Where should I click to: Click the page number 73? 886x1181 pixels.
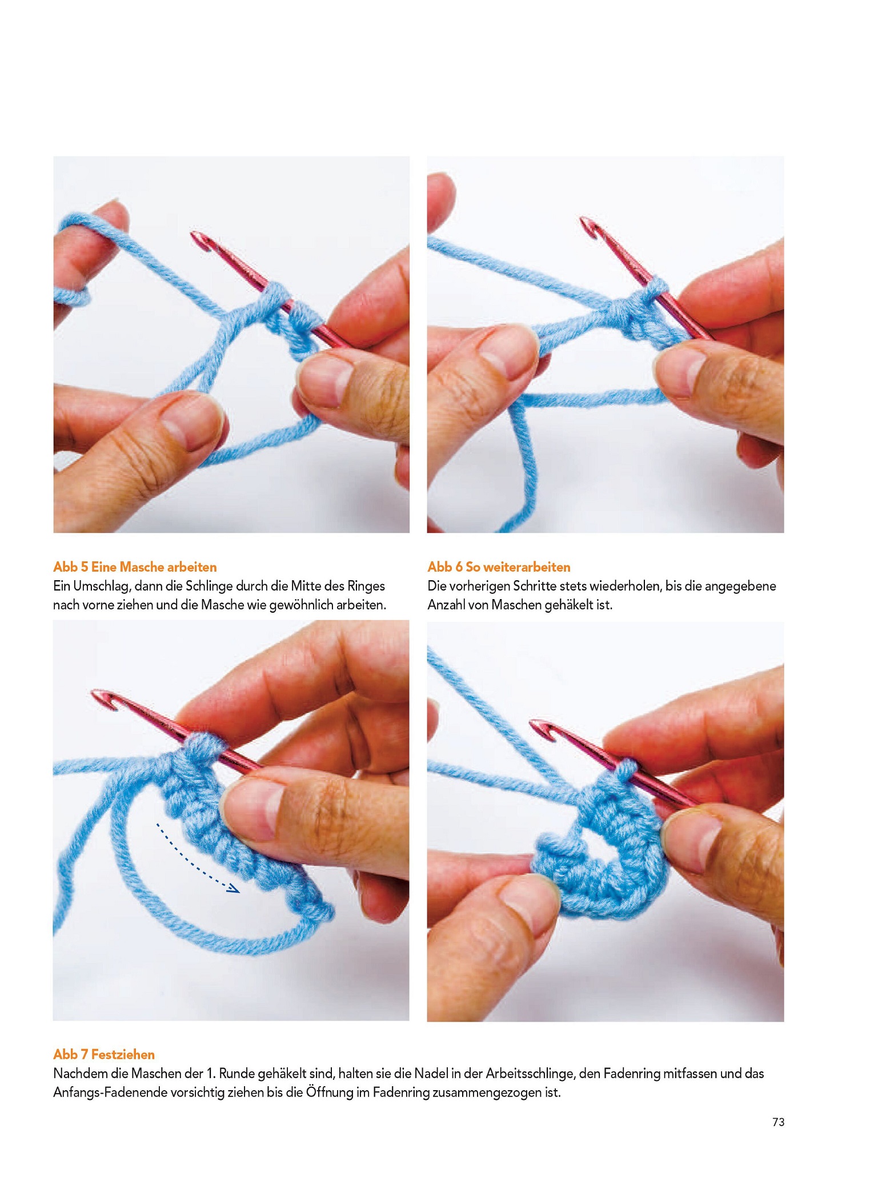(x=778, y=1122)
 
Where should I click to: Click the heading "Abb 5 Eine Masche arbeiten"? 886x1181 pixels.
(x=135, y=567)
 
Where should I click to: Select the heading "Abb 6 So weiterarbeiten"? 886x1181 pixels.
(x=499, y=567)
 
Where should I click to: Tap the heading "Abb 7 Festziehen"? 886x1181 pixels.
(x=104, y=1054)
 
